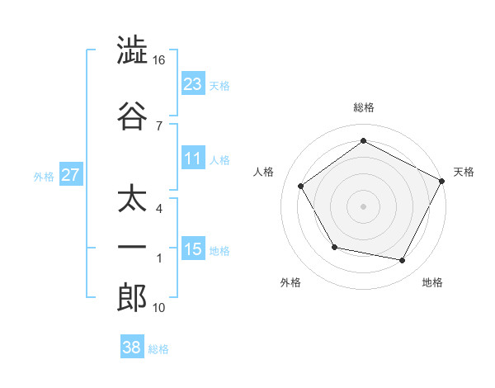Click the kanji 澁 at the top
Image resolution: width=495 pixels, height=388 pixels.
point(132,51)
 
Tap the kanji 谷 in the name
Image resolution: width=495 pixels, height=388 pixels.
point(132,116)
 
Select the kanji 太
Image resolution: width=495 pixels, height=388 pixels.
point(132,201)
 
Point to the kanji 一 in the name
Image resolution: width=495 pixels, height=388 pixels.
point(132,248)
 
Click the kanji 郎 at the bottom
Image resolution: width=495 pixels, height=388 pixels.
point(132,298)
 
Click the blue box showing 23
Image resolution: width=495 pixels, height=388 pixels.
point(193,83)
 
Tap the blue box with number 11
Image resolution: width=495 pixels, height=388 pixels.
point(193,159)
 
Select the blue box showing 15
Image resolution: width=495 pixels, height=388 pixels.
point(193,248)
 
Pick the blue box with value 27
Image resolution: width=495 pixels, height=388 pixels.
point(70,175)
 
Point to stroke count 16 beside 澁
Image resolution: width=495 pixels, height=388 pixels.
point(160,60)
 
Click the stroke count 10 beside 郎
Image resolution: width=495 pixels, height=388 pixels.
point(159,308)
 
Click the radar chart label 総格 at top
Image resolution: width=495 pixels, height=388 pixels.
point(363,107)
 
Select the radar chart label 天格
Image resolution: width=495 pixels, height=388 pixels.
point(464,172)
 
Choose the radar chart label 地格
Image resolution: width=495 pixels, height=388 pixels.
point(431,282)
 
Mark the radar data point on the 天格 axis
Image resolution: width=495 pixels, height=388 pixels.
point(442,180)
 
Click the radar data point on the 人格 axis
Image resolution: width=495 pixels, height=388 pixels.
point(301,186)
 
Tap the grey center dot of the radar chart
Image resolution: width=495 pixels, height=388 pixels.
point(363,206)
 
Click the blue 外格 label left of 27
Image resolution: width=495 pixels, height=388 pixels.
point(44,176)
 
